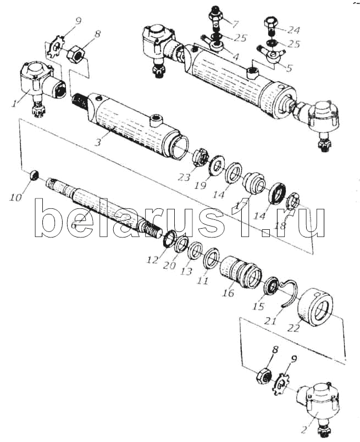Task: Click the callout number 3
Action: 97,142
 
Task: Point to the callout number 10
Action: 16,197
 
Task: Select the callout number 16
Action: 228,293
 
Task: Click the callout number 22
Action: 293,328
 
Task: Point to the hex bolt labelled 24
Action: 272,25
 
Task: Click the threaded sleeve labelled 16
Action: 241,272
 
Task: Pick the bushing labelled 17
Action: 254,183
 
